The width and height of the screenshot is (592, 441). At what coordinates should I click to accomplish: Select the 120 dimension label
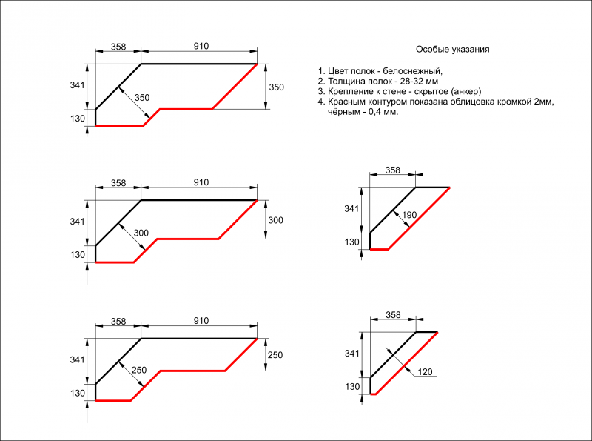coord(424,371)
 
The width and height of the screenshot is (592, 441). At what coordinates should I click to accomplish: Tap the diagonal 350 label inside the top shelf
coord(142,98)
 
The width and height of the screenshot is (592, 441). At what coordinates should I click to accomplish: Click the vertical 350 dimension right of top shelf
coord(276,87)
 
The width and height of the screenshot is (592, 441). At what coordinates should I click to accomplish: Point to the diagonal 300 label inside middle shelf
coord(141,233)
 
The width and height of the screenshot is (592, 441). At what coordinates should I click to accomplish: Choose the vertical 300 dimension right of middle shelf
coord(275,221)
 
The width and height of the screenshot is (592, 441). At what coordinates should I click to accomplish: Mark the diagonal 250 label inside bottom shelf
coord(138,370)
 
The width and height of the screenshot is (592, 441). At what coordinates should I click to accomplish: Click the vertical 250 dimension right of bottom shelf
coord(275,356)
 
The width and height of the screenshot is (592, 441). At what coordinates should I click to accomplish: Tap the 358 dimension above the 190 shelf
coord(393,170)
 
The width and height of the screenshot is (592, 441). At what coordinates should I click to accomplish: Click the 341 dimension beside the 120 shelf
coord(352,354)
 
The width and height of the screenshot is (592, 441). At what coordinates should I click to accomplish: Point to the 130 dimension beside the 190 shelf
coord(352,242)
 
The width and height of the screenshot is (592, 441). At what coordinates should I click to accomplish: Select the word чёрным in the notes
coord(343,112)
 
